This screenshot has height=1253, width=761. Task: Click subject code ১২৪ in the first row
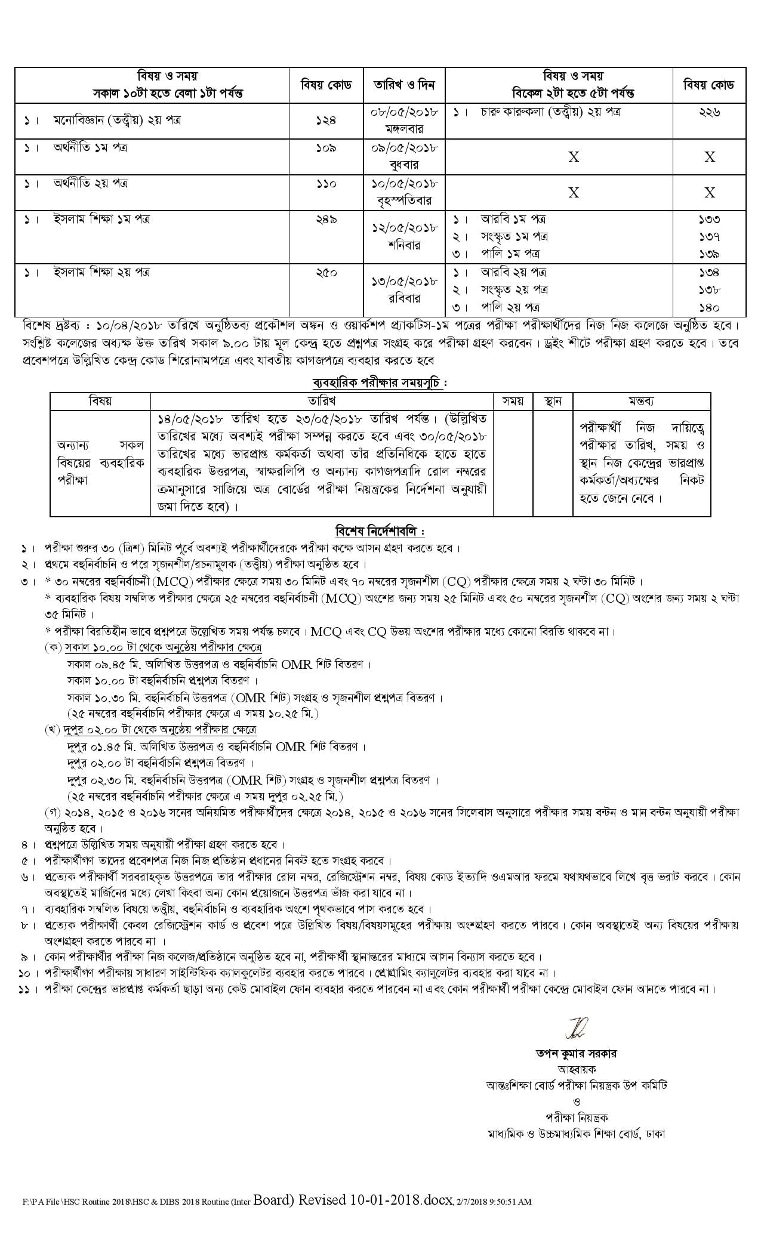click(326, 120)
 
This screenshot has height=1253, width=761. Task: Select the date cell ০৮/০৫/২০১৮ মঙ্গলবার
click(405, 120)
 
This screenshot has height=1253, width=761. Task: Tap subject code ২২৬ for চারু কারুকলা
click(709, 112)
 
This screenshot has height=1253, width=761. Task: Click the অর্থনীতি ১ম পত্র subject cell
click(90, 147)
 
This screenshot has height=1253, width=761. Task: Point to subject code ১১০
click(326, 184)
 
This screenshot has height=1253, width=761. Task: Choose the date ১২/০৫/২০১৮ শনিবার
click(405, 236)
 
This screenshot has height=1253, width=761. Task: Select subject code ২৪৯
click(326, 220)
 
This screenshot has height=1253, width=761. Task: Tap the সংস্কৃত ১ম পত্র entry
click(514, 236)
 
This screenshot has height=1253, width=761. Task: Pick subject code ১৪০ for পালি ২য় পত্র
click(709, 308)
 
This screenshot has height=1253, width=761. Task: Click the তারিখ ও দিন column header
click(405, 85)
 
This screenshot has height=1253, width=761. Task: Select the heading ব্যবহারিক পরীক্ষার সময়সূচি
click(380, 382)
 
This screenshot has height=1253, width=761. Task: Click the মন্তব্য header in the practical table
click(642, 400)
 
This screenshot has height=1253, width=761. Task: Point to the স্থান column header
click(553, 400)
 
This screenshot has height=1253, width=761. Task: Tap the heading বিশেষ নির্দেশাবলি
click(380, 530)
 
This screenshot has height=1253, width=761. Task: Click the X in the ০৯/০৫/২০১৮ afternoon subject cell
click(574, 157)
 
